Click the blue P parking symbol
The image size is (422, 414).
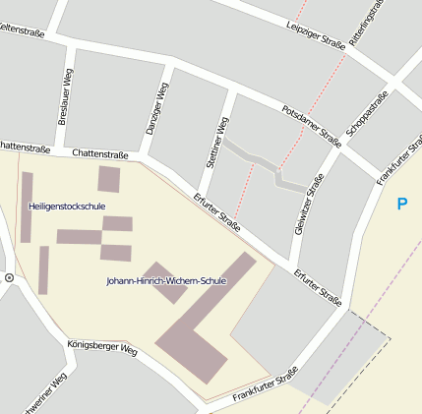point(400,205)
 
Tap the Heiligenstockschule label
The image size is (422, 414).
point(67,206)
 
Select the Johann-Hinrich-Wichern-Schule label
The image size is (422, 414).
point(166,281)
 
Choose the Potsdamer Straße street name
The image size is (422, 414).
point(311,125)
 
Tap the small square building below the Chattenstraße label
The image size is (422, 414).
point(108,179)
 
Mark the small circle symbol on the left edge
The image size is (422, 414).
point(9,278)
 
